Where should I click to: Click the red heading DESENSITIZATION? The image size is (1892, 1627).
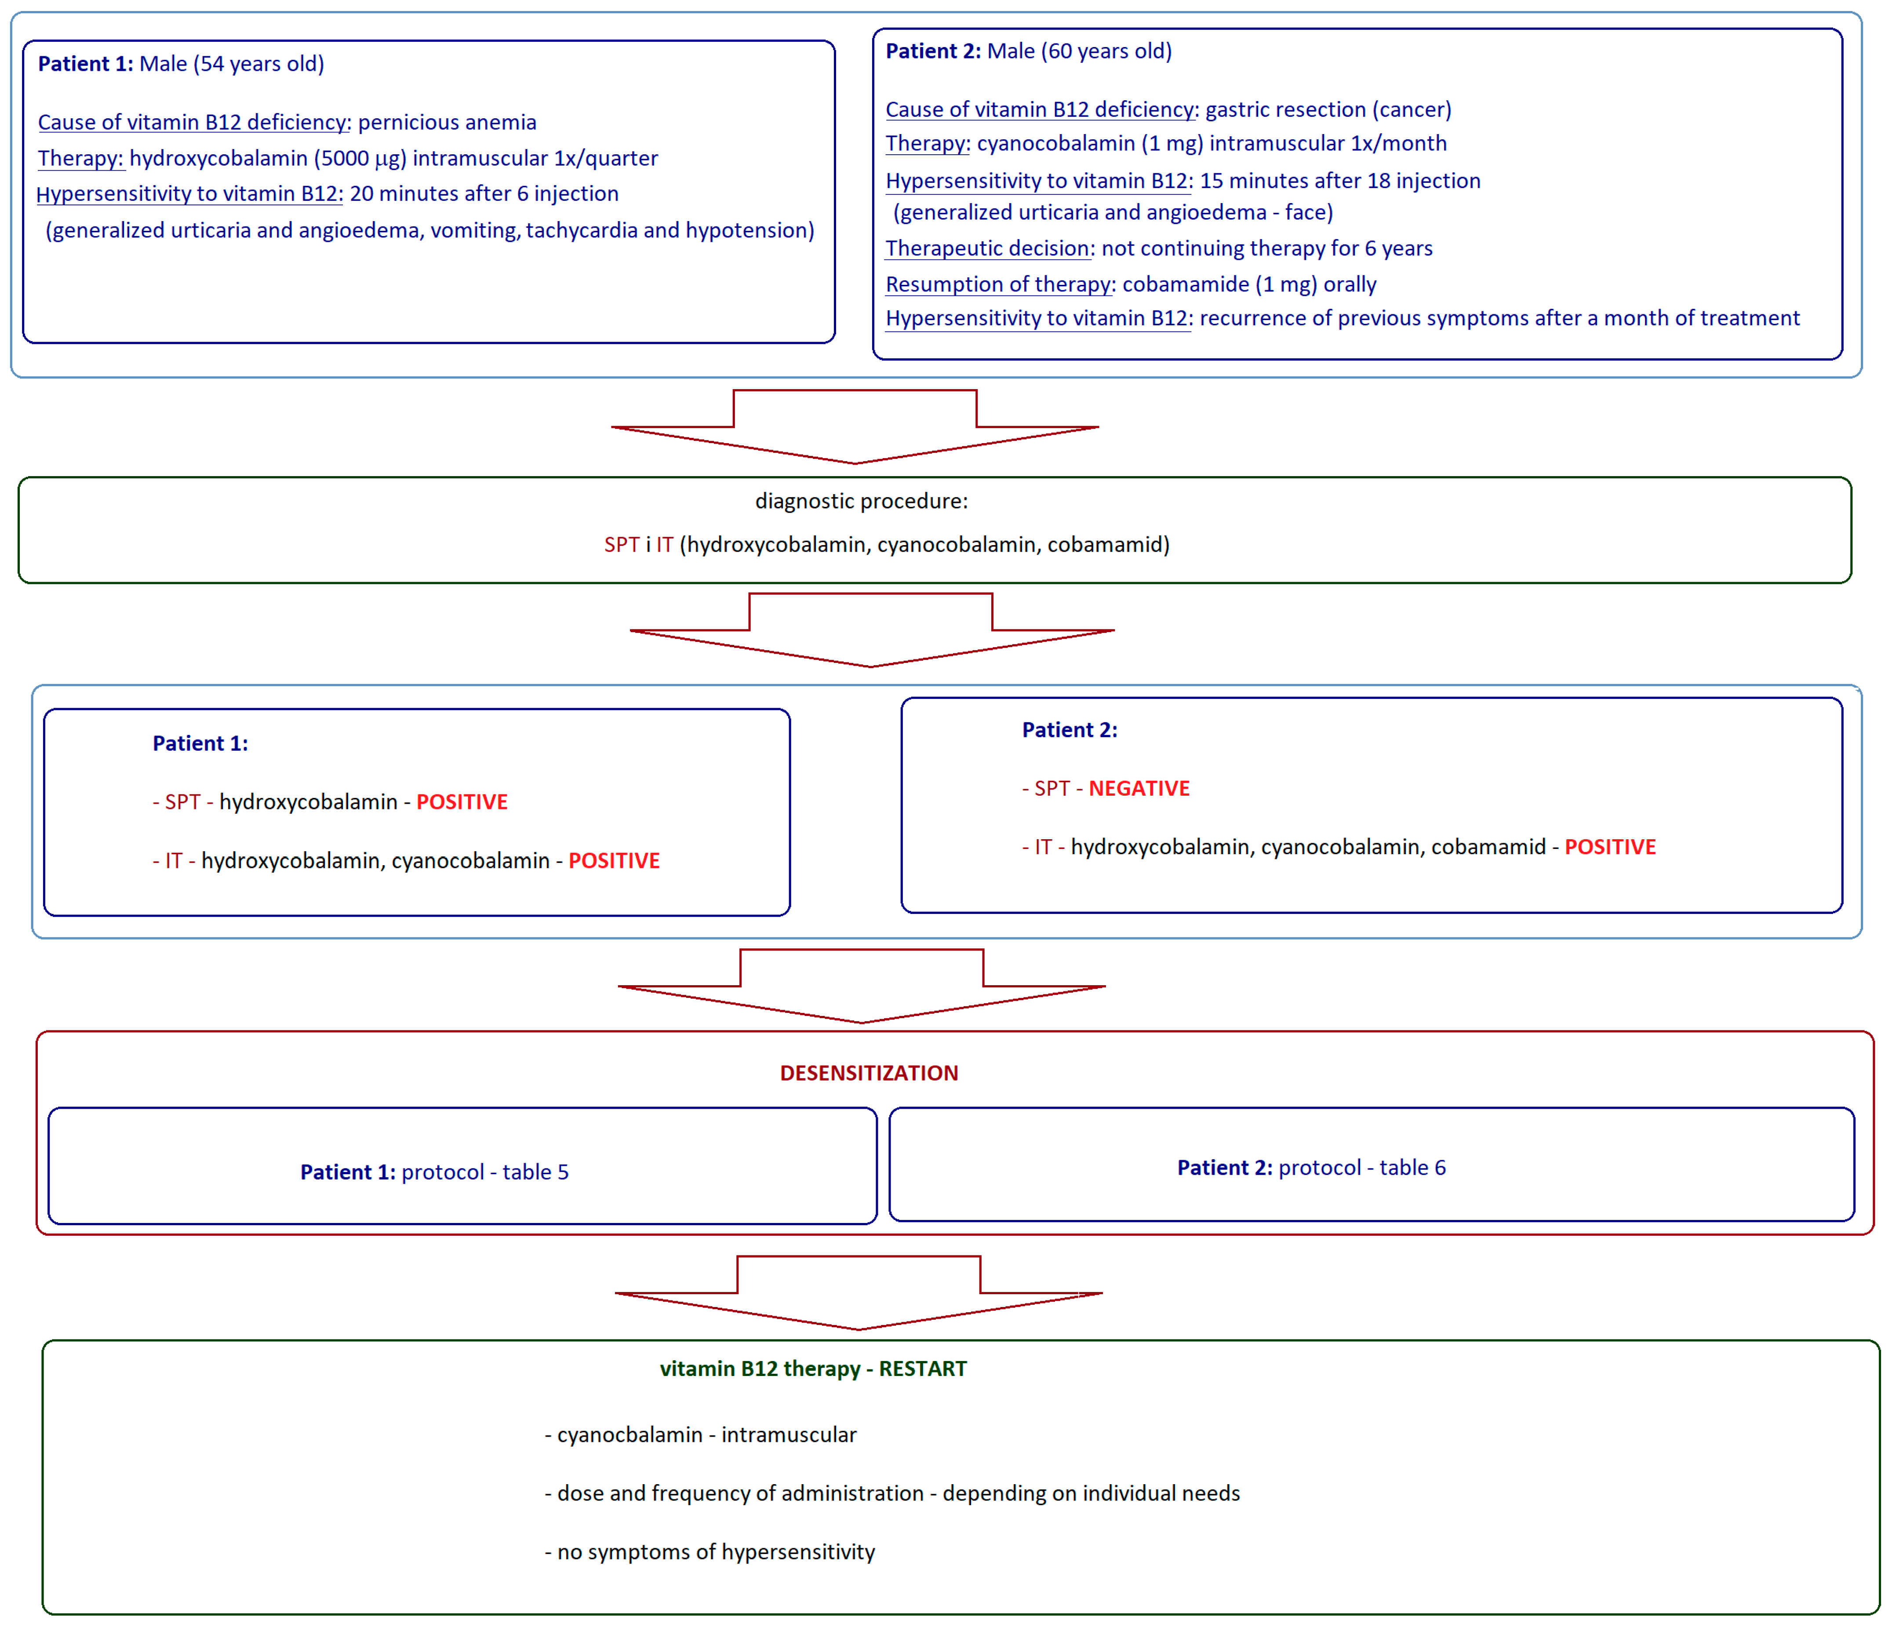click(868, 1073)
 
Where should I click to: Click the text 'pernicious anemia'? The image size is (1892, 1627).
click(447, 122)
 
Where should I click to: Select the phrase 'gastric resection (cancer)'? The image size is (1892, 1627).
click(1328, 109)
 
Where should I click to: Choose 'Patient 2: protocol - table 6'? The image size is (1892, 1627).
click(1311, 1167)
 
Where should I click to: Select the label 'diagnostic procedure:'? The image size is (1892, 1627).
click(861, 500)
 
